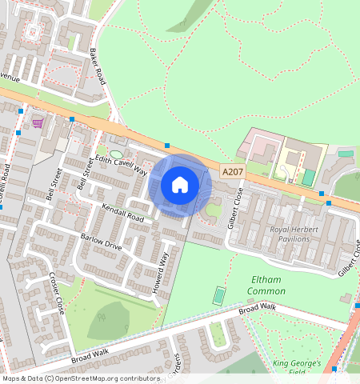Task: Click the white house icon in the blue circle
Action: click(x=180, y=185)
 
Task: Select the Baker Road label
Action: click(x=98, y=66)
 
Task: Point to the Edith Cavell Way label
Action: click(x=122, y=165)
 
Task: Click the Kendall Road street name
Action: click(x=123, y=213)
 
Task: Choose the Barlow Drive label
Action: click(x=102, y=242)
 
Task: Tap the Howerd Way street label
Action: click(x=163, y=273)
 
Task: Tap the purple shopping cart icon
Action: click(x=37, y=122)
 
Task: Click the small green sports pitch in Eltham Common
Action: click(x=219, y=295)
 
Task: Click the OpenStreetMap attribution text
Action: click(x=81, y=378)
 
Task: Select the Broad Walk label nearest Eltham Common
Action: click(x=257, y=307)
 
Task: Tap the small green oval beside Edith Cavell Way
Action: click(x=116, y=154)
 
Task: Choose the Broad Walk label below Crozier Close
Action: click(x=90, y=351)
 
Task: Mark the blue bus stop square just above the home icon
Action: click(x=166, y=146)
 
